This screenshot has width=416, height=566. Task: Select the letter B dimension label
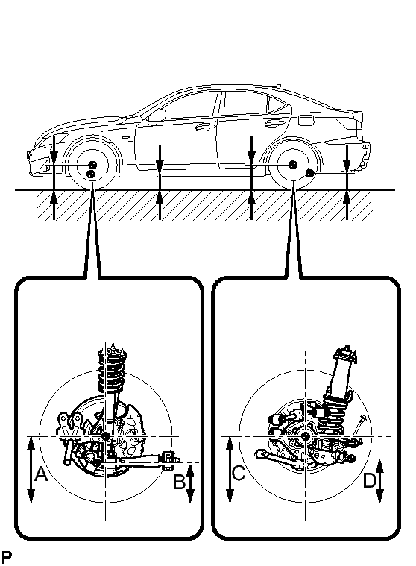point(180,482)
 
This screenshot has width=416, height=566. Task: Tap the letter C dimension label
point(239,474)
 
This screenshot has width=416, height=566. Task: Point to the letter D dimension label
point(369,480)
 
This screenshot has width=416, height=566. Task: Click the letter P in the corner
point(7,556)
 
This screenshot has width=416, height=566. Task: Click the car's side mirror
point(157,116)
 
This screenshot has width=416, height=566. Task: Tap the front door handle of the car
point(204,127)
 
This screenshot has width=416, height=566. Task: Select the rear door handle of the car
point(274,124)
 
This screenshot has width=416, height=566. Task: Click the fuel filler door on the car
point(306,120)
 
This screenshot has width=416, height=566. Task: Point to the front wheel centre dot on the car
point(92,165)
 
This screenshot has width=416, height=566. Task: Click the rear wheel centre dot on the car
point(292,164)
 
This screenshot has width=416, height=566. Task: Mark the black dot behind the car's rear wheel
point(309,173)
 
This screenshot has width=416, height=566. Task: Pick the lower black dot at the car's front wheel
point(91,174)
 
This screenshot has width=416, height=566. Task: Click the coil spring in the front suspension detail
point(113,371)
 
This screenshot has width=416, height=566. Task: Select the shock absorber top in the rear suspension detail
point(345,354)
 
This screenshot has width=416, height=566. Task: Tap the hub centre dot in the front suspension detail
point(106,436)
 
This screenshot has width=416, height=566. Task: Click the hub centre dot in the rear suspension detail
point(305,436)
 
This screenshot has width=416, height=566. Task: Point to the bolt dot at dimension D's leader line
point(352,459)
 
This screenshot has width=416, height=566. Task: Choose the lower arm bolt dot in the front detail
point(97,462)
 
